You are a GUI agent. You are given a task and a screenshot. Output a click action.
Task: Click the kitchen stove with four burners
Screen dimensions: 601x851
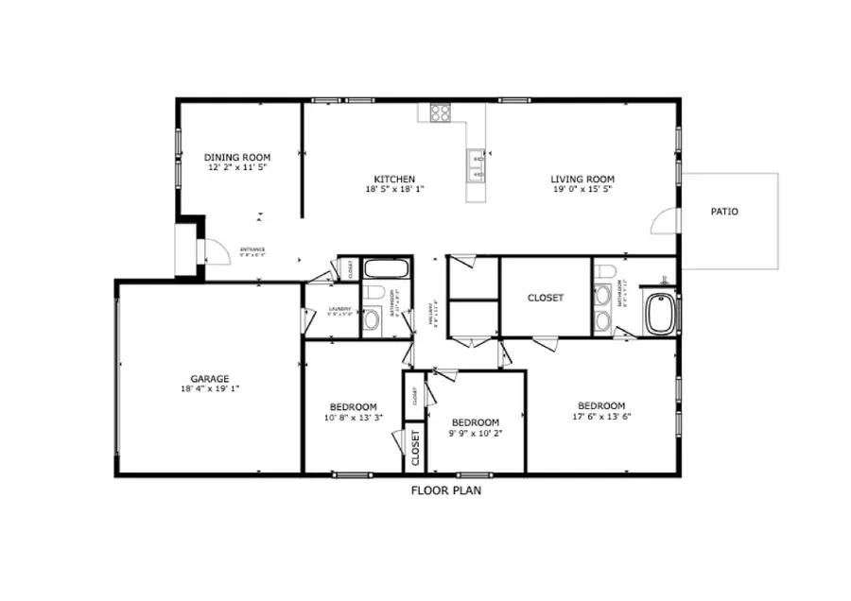coord(441,112)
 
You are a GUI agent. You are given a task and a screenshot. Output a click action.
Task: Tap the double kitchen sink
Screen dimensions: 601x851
coord(477,166)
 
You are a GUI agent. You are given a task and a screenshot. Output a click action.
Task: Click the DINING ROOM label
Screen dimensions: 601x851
coord(237,157)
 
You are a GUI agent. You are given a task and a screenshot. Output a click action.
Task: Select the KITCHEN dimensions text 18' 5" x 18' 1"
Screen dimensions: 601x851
coord(394,189)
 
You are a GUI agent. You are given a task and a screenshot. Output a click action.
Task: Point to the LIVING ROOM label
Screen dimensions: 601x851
coord(582,179)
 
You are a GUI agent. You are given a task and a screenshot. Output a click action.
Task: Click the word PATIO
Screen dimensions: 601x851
coord(724,212)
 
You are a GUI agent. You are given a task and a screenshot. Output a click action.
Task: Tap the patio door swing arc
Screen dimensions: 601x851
coord(660,221)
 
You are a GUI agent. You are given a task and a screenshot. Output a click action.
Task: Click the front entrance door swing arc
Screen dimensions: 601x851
coord(216,249)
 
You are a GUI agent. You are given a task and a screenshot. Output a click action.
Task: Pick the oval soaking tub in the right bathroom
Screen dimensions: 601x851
coord(660,313)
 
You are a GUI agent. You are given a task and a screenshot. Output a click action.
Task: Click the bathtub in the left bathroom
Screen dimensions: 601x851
coord(385,267)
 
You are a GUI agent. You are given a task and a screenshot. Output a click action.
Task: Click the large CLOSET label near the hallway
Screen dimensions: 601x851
coord(546,298)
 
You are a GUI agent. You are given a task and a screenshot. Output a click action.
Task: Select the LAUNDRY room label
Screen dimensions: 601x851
coord(339,308)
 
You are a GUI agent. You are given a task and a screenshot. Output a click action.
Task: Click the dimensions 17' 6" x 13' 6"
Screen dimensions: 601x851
coord(601,417)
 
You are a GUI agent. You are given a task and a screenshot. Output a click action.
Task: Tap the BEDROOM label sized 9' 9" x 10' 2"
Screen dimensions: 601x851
coord(475,422)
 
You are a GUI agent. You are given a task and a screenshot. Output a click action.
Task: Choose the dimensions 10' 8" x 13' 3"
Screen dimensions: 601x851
coord(354,417)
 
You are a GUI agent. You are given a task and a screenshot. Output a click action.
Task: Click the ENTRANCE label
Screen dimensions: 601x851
coord(252,249)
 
